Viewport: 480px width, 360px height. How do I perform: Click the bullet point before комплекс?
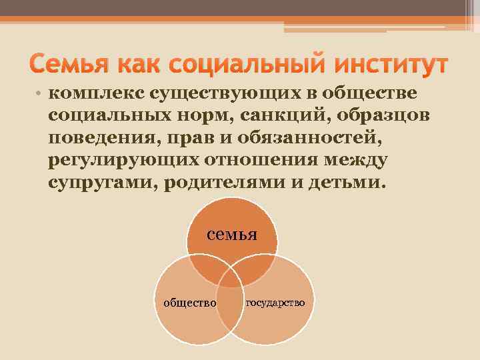click(x=41, y=93)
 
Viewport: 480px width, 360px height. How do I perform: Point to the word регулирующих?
click(x=120, y=160)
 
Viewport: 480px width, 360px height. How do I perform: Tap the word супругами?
click(x=100, y=183)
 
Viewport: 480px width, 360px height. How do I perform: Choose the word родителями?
click(x=224, y=183)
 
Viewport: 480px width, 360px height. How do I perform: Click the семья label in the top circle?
click(x=232, y=234)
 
